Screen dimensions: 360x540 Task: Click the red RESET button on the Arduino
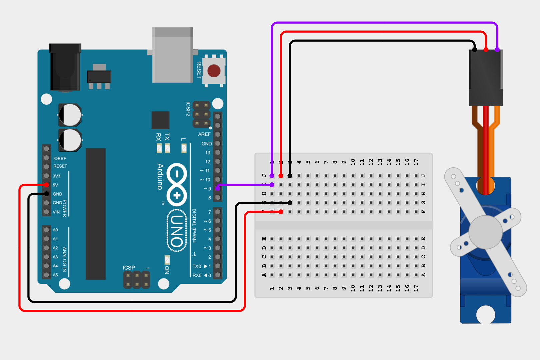214,71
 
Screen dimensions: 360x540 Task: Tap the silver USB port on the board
172,55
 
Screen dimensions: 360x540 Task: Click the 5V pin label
55,185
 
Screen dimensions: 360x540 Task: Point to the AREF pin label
204,134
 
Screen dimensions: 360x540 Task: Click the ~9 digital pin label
207,189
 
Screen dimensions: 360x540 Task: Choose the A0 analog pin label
55,230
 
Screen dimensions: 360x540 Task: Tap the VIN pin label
56,212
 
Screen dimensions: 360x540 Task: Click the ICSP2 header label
188,109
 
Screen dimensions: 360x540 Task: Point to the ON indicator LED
167,260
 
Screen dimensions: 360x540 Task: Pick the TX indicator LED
167,148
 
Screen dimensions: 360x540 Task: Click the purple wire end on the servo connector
497,50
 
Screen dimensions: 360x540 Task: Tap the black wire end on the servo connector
475,50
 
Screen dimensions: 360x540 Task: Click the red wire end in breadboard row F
281,212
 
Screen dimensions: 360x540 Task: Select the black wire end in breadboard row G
290,203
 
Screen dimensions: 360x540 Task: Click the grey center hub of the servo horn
485,232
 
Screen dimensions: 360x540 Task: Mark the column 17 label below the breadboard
416,288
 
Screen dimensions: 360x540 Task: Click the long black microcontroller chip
96,214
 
